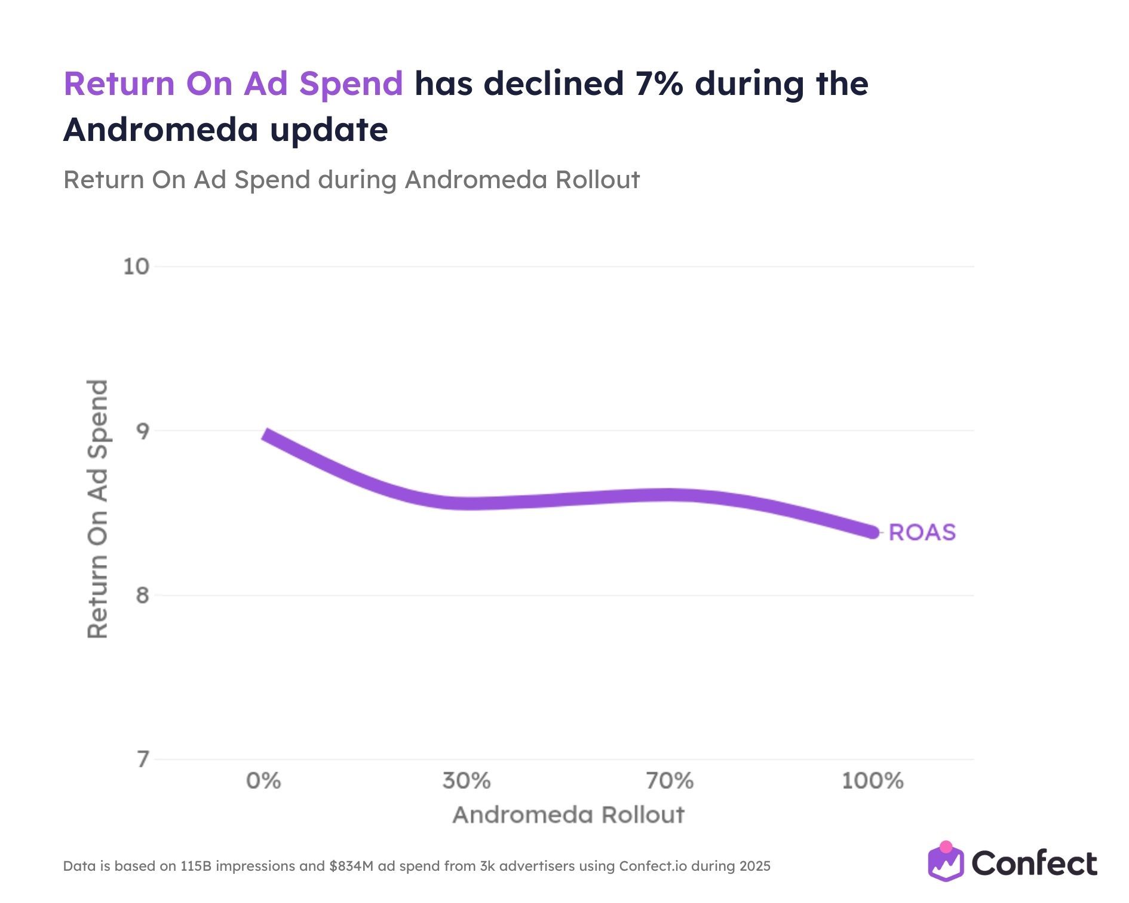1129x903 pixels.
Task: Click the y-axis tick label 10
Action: (136, 266)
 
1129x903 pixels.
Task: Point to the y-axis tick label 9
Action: (142, 431)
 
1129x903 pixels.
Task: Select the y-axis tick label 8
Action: (142, 595)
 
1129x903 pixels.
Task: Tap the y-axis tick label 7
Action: (142, 760)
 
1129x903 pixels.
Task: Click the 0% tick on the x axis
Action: (263, 781)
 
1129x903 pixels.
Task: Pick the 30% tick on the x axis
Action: (467, 781)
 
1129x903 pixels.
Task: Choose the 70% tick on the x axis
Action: (670, 781)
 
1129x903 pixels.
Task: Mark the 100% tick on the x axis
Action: (873, 781)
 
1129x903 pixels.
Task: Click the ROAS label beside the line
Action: (922, 532)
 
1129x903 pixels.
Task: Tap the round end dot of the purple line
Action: (873, 532)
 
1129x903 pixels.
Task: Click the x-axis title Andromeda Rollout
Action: (568, 815)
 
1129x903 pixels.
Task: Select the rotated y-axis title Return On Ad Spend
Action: (97, 509)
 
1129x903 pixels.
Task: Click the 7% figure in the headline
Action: (659, 84)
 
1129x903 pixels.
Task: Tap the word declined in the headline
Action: (554, 84)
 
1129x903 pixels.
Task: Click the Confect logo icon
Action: (946, 862)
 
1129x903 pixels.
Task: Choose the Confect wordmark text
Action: (1034, 864)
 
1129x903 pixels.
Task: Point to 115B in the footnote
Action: (195, 866)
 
